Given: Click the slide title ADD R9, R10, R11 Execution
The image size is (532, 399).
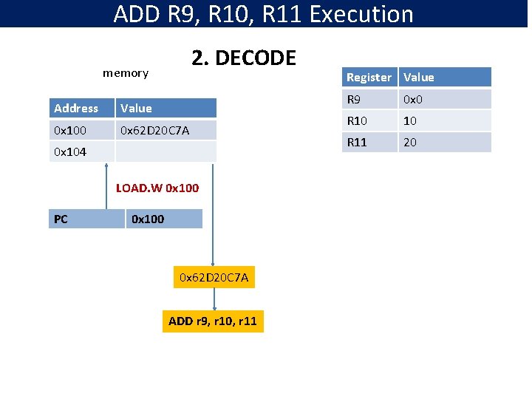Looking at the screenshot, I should click(x=264, y=14).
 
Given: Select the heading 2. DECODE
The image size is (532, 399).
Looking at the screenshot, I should click(x=244, y=58).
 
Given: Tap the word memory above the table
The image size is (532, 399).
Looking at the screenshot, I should click(x=125, y=72).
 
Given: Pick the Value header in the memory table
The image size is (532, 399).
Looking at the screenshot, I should click(x=166, y=108).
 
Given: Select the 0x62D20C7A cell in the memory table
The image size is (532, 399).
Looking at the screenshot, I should click(x=166, y=130).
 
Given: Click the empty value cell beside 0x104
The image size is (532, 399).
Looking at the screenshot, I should click(x=166, y=151).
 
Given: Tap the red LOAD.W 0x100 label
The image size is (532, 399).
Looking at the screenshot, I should click(x=157, y=188).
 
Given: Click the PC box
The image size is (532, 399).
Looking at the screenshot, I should click(x=86, y=219).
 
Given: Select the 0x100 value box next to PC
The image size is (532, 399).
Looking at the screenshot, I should click(x=163, y=219).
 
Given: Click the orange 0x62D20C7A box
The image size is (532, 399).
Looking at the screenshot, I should click(x=214, y=277).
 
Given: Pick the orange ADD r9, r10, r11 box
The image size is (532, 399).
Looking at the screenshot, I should click(x=213, y=321).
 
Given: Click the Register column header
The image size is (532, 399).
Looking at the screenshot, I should click(x=369, y=77).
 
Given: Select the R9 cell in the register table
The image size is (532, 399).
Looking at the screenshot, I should click(x=369, y=99).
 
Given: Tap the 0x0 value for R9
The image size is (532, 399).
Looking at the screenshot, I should click(x=444, y=99).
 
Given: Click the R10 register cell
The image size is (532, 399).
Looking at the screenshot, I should click(x=369, y=120).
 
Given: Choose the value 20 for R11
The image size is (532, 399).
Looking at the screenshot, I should click(x=444, y=142).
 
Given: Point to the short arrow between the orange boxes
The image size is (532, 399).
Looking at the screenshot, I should click(x=214, y=299).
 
